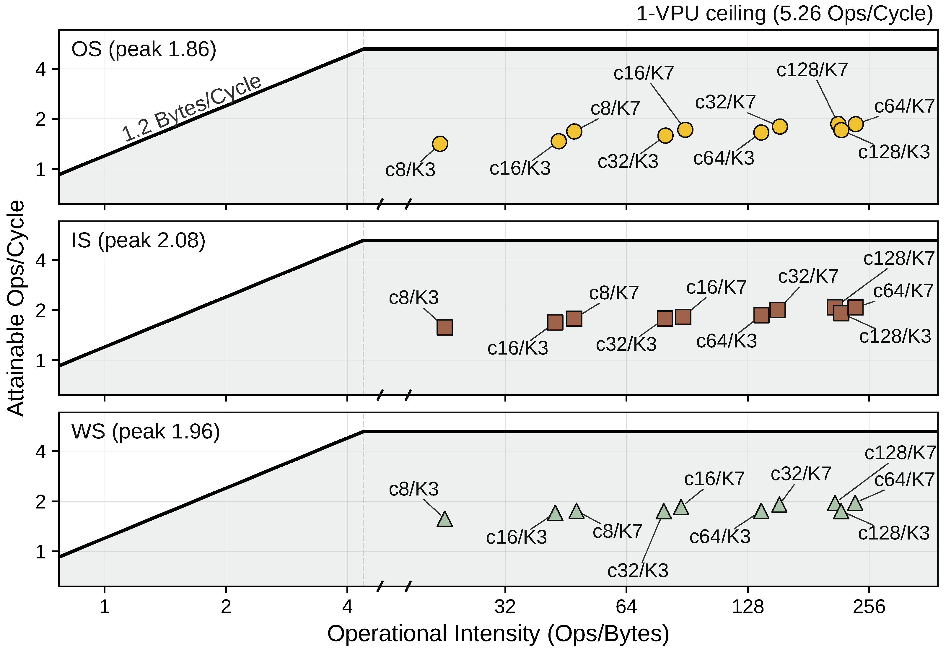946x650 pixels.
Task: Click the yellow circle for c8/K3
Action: (x=440, y=144)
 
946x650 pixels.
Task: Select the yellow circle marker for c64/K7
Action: (x=856, y=124)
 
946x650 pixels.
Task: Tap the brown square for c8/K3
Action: (x=444, y=327)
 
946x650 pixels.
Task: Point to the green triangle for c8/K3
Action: (x=444, y=520)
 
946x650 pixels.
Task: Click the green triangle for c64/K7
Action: (x=855, y=503)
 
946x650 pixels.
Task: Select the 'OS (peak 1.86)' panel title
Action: (x=144, y=50)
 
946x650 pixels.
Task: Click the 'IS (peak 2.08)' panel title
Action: (x=139, y=241)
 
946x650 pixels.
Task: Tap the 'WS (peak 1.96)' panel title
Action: (x=145, y=432)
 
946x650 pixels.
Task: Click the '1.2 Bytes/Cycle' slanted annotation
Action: (x=191, y=108)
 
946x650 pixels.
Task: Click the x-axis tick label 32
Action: (x=505, y=607)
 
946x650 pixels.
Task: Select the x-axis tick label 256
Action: (x=869, y=607)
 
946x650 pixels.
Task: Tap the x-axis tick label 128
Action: (x=748, y=607)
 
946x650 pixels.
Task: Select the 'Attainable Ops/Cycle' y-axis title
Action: (x=16, y=308)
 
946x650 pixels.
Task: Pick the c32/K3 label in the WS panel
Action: (x=638, y=571)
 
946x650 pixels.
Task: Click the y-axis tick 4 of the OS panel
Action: (x=41, y=69)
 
